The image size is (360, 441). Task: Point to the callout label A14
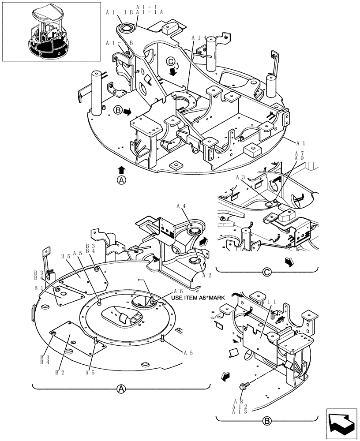click(199, 39)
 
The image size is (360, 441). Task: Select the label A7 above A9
click(299, 153)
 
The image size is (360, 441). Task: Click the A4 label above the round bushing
click(181, 206)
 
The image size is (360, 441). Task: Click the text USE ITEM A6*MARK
click(198, 298)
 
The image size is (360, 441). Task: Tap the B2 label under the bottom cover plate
click(60, 372)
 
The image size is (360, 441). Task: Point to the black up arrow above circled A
click(122, 169)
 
